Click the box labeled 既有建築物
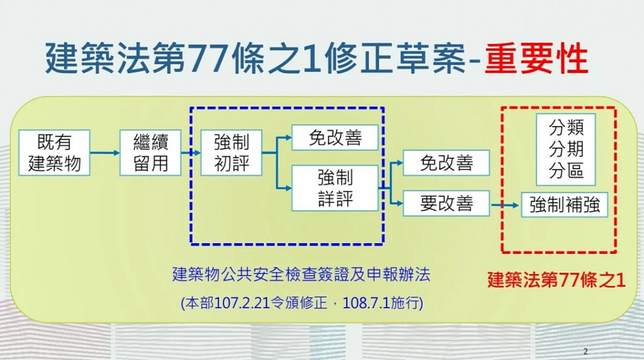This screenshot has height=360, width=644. [54, 152]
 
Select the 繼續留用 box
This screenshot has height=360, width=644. [150, 152]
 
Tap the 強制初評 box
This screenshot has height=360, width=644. [231, 152]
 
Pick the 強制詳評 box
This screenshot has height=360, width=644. [335, 188]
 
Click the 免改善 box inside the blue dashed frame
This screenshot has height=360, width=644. [335, 137]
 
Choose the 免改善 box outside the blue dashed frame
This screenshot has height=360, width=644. [446, 163]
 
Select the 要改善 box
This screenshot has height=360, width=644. [446, 203]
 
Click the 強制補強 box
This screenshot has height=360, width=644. [565, 204]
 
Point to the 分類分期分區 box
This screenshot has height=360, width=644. [566, 149]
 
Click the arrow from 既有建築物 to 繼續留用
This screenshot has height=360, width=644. [105, 153]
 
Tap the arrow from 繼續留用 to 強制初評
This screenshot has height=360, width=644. [191, 153]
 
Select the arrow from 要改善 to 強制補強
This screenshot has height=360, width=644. [505, 205]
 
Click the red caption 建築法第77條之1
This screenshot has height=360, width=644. [557, 280]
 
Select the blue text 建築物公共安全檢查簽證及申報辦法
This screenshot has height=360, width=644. [301, 274]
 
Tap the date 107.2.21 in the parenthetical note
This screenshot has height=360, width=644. [242, 303]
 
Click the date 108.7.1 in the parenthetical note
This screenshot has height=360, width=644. [365, 303]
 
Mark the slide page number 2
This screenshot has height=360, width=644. [586, 351]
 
